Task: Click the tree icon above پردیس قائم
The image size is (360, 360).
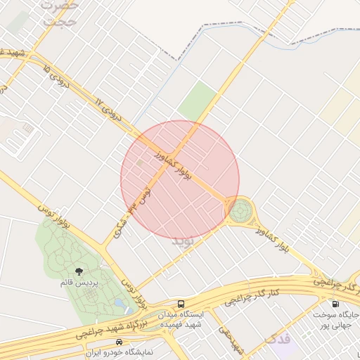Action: click(x=79, y=271)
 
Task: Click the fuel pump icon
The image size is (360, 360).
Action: click(x=334, y=304)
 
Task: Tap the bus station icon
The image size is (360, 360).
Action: click(x=181, y=304)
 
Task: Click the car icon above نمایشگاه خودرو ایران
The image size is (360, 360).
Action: click(x=117, y=342)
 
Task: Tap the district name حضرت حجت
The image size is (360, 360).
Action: click(x=60, y=13)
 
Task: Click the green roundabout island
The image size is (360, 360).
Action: click(x=240, y=210)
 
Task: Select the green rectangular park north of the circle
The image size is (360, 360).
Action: click(x=198, y=99)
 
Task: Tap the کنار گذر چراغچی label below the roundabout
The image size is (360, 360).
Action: click(x=254, y=295)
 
